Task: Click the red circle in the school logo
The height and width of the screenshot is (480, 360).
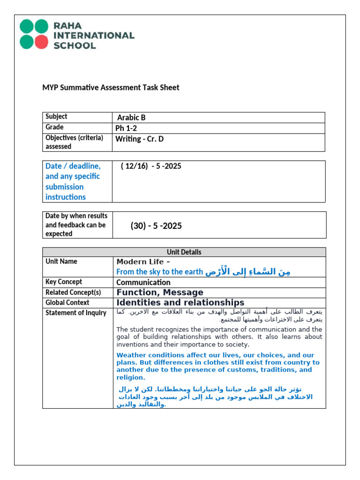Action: (x=41, y=42)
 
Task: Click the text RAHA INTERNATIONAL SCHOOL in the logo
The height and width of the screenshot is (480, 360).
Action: (x=94, y=35)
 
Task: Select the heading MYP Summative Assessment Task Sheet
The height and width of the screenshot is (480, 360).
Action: (x=111, y=88)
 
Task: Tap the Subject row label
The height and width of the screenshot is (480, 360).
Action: (x=56, y=117)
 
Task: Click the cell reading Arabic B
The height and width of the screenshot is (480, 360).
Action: (x=131, y=118)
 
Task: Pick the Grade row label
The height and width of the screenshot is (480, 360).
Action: (x=54, y=127)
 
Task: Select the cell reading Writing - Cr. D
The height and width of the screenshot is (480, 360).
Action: (x=140, y=139)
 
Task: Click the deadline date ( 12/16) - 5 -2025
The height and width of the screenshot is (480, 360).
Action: (x=150, y=166)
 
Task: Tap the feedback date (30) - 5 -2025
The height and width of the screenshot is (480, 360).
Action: (x=156, y=226)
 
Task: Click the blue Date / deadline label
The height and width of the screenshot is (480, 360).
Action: (x=73, y=181)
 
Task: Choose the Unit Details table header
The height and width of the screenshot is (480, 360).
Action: (x=184, y=252)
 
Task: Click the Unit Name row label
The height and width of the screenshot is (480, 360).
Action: (x=61, y=262)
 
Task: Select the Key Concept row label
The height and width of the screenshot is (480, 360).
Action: (x=64, y=282)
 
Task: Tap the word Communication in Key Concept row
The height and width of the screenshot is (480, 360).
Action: (x=143, y=283)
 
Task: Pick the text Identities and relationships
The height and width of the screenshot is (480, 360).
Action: (x=180, y=303)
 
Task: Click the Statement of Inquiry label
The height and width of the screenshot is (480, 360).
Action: (x=76, y=313)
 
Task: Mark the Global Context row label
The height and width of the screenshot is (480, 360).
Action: (x=67, y=303)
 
